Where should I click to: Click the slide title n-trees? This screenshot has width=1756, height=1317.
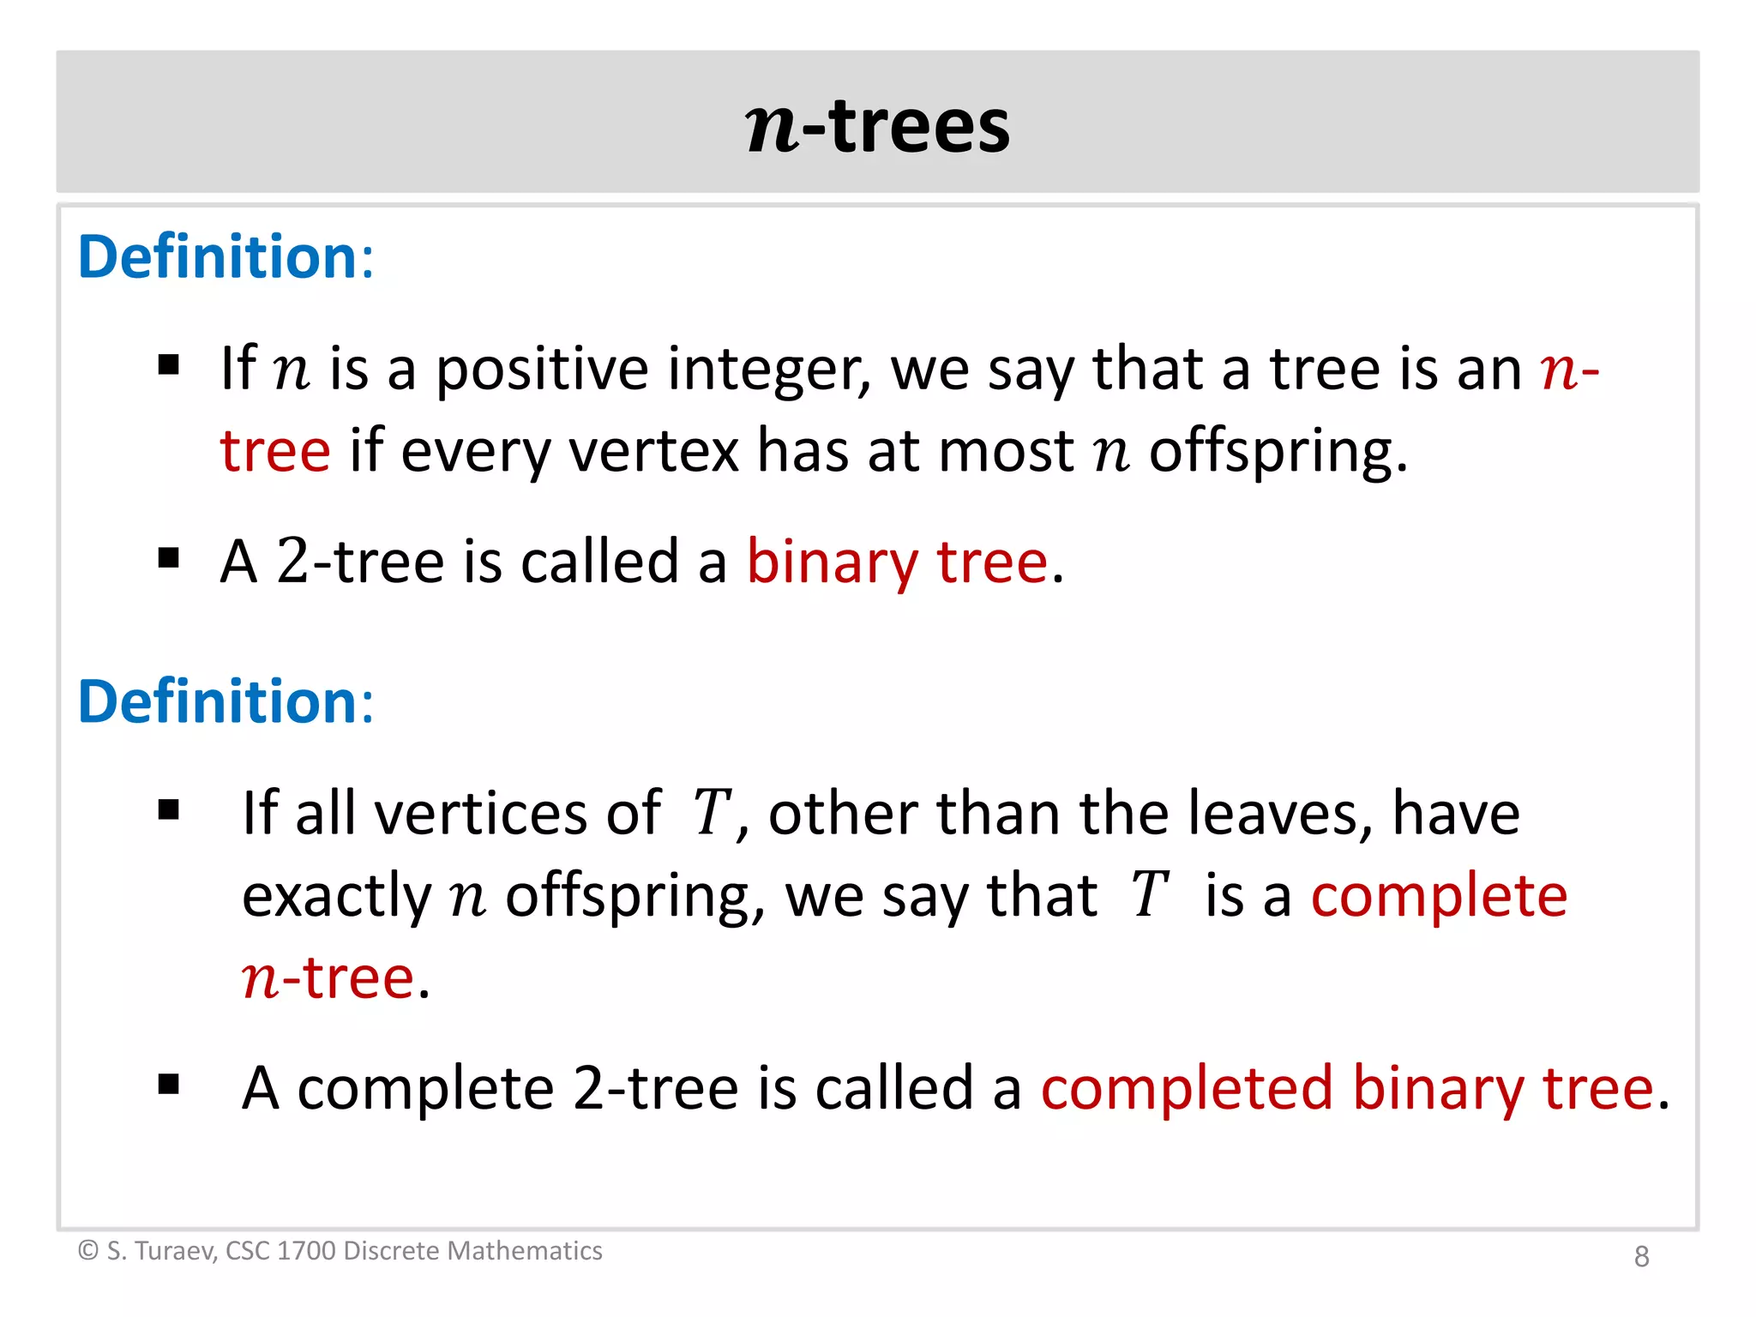point(878,126)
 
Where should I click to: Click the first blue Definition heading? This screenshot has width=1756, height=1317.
point(226,256)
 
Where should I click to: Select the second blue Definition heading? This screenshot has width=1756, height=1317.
point(226,701)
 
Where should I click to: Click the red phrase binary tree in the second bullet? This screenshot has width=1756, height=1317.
point(897,562)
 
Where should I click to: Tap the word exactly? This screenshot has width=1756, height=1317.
point(337,897)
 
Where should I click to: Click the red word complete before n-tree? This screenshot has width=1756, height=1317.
point(1439,896)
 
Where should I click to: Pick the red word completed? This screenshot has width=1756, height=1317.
point(1187,1088)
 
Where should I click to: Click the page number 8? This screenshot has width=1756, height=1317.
point(1641,1256)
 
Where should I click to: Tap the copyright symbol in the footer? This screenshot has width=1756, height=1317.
point(88,1251)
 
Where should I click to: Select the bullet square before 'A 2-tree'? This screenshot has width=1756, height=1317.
point(169,559)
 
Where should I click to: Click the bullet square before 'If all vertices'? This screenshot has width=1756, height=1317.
point(169,809)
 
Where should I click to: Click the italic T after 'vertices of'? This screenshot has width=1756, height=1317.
point(712,813)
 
